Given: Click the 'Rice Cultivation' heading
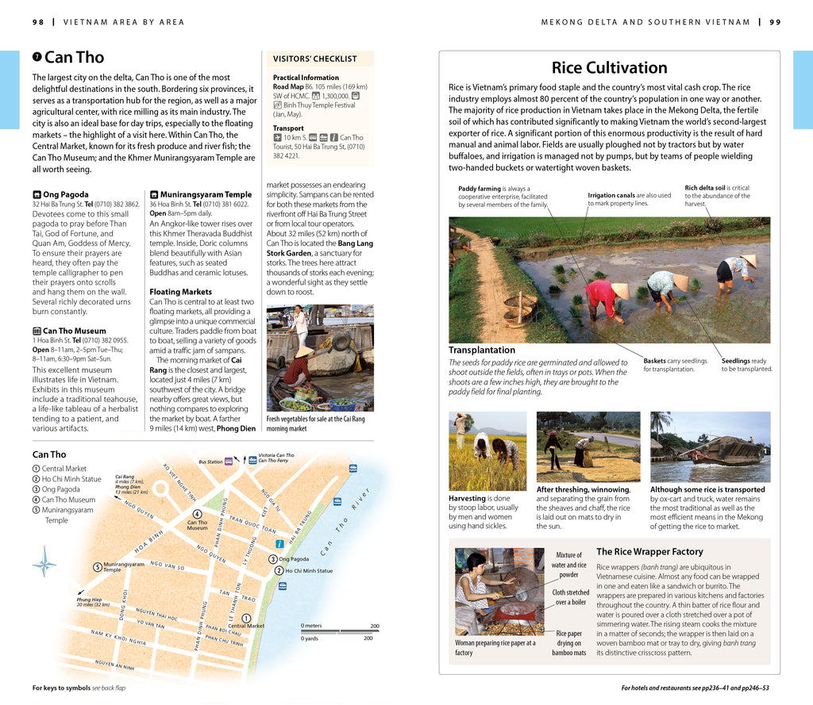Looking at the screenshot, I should coord(609,67).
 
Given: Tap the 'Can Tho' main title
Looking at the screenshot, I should coord(74,57).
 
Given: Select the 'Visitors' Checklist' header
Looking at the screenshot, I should coord(314,59).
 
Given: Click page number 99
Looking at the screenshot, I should coord(775,22).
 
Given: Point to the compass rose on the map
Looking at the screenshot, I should coord(44,565).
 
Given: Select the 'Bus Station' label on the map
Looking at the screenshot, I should coord(210,462).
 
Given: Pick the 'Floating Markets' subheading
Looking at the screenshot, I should coord(180,292).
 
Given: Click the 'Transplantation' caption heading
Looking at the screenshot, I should coord(481,350).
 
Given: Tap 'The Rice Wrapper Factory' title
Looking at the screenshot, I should coord(649,551).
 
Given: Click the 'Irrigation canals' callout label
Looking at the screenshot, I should coord(611,195).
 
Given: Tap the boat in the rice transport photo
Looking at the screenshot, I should coord(719,450).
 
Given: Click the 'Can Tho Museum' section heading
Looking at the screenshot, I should coord(74,331).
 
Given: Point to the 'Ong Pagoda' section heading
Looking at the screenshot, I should coord(66,194).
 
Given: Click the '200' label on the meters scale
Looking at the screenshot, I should coord(375,626).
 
